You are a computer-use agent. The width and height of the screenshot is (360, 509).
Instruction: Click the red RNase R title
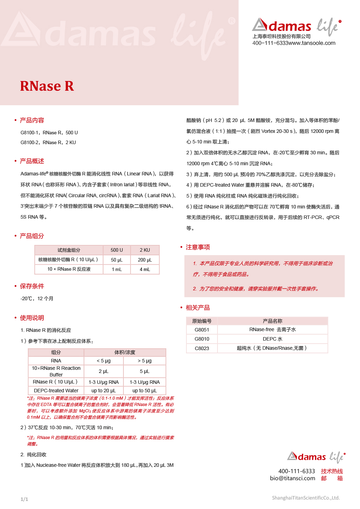click(47, 86)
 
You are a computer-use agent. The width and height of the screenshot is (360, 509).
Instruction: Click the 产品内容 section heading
click(32, 120)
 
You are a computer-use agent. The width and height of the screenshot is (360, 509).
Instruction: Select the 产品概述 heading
click(32, 161)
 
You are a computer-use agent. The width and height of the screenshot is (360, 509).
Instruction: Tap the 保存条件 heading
click(32, 286)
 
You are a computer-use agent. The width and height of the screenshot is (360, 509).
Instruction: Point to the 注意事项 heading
click(198, 247)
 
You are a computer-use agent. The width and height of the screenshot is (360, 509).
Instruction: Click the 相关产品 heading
click(198, 308)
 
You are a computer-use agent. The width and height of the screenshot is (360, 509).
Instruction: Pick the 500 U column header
click(117, 250)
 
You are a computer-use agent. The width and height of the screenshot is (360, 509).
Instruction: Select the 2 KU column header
click(145, 250)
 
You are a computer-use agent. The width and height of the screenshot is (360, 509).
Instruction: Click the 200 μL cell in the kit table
click(145, 260)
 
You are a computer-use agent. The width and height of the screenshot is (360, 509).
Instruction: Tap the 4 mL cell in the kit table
click(145, 269)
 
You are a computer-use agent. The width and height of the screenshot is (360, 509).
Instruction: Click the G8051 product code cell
click(202, 330)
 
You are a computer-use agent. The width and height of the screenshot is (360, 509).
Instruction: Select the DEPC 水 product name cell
click(272, 339)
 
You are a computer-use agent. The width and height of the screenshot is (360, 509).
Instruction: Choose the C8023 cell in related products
click(202, 348)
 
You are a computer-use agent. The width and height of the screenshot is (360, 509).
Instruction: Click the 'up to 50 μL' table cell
click(144, 391)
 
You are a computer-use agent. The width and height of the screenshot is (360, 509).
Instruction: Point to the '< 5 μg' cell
click(104, 361)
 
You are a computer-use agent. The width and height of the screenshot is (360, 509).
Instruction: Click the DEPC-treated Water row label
click(56, 391)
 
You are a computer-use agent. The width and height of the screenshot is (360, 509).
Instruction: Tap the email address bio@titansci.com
click(292, 478)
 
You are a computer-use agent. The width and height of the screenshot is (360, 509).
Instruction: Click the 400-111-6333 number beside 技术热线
click(296, 471)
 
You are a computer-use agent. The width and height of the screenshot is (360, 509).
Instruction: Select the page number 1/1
click(24, 499)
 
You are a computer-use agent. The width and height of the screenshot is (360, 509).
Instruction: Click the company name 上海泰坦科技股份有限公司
click(282, 36)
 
